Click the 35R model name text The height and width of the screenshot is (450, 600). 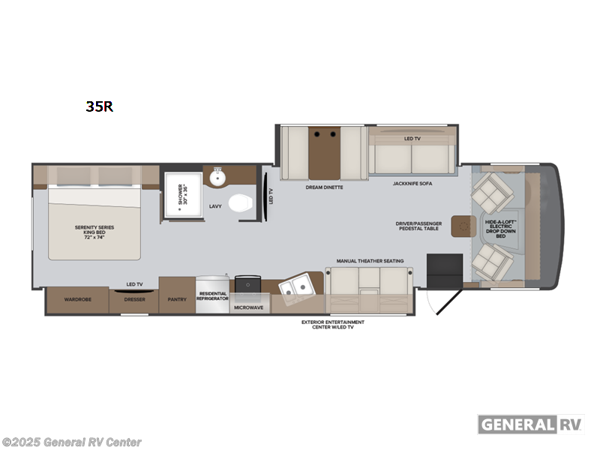click(99, 106)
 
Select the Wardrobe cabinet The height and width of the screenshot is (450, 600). click(77, 299)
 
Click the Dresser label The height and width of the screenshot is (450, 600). click(134, 299)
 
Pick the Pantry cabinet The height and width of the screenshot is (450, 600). click(177, 299)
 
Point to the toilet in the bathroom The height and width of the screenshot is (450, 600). click(240, 204)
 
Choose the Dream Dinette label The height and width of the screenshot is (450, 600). click(324, 187)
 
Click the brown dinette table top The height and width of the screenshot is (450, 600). click(324, 152)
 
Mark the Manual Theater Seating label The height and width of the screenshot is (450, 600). click(370, 260)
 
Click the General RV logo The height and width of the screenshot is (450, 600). click(530, 424)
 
